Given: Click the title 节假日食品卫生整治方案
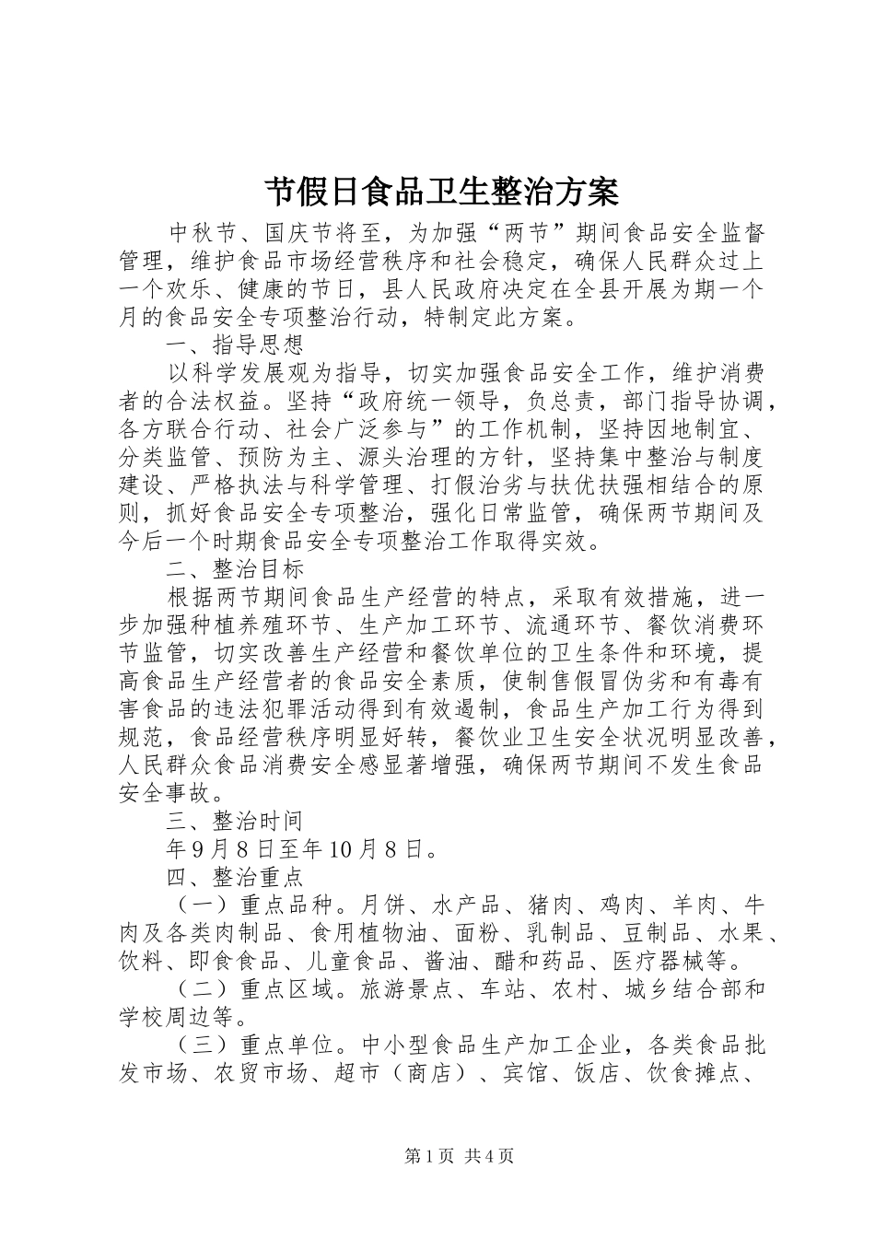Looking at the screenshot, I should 442,193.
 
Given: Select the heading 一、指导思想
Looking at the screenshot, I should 235,345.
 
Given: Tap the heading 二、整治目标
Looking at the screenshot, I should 235,569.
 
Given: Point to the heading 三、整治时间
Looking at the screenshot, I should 235,820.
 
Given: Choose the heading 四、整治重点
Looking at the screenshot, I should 235,876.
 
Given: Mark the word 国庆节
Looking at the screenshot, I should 302,234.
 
